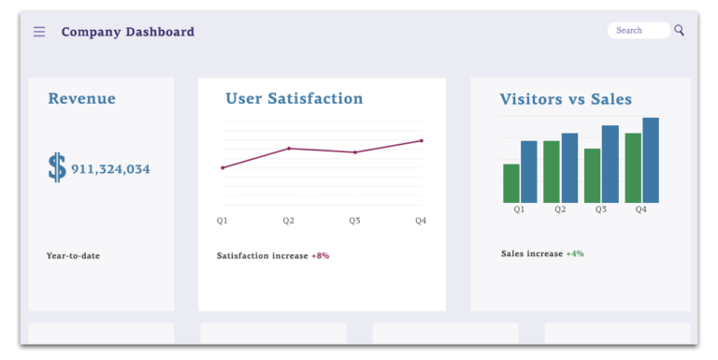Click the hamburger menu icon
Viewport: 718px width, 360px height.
coord(39,32)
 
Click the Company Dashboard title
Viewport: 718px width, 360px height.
coord(128,32)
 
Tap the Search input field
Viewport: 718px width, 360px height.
coord(638,31)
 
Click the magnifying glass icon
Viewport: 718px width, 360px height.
coord(680,30)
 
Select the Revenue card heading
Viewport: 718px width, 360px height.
coord(82,99)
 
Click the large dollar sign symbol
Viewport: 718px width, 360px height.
coord(57,168)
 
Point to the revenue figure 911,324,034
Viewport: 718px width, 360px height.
coord(110,169)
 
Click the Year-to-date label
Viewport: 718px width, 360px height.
coord(73,255)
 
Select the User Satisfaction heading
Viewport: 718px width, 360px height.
coord(294,99)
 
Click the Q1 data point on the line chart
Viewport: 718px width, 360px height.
coord(223,168)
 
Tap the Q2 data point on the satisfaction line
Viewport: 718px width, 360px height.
coord(289,148)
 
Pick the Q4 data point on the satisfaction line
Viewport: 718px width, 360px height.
coord(422,141)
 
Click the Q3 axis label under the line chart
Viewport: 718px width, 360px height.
coord(355,221)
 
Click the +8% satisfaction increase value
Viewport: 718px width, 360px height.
coord(320,255)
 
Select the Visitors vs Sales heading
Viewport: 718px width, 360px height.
coord(566,99)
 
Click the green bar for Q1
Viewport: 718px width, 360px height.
coord(511,183)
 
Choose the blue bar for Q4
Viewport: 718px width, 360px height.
coord(651,160)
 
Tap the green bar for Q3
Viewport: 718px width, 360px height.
coord(592,176)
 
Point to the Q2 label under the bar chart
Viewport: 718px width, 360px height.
coord(560,209)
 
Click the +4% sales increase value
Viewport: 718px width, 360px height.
coord(574,253)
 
